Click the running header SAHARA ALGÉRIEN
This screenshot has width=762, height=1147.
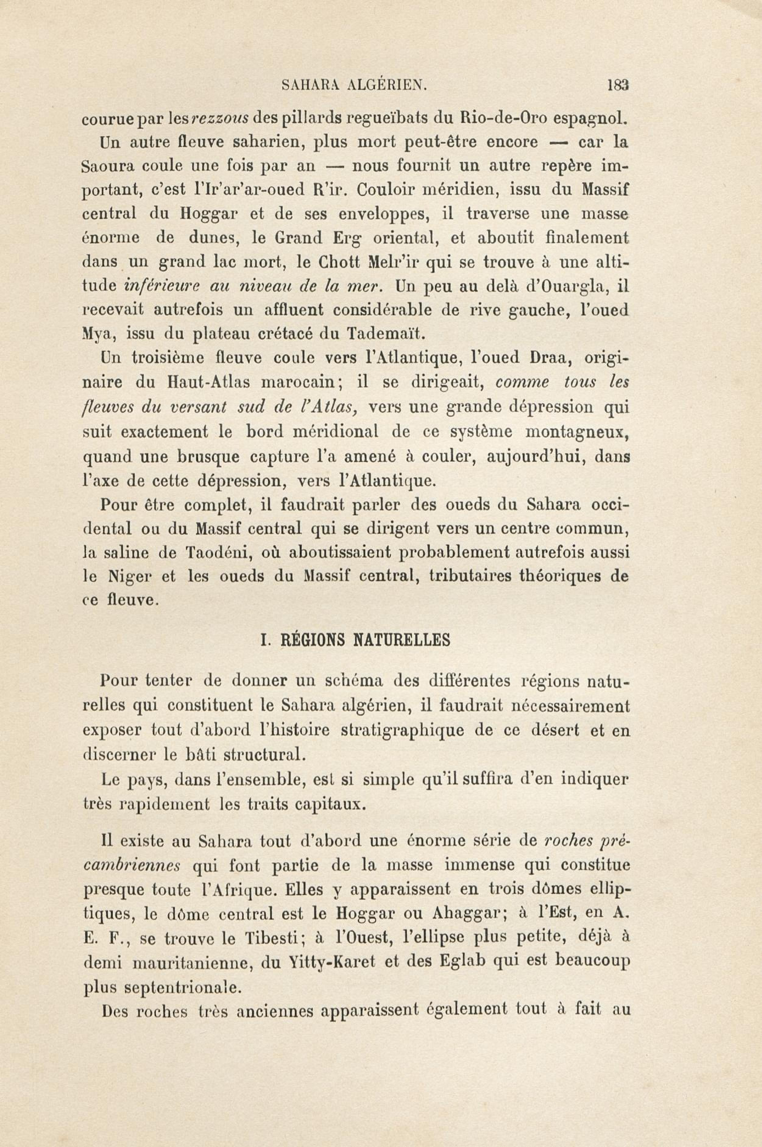coord(354,86)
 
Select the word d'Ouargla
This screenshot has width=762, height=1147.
coord(568,287)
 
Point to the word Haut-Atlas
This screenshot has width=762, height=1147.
coord(208,382)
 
